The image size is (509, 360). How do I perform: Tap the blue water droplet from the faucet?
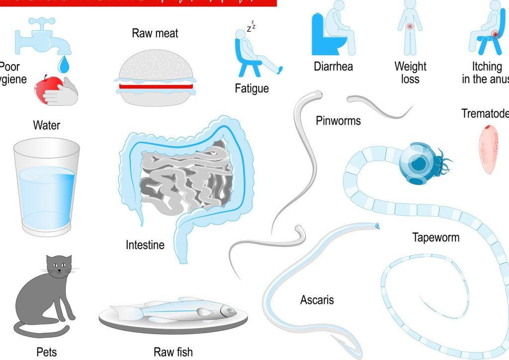point(63,64)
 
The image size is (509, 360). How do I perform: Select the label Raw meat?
point(155,33)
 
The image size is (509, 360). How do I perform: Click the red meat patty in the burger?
point(156,86)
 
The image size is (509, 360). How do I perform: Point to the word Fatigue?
point(252,89)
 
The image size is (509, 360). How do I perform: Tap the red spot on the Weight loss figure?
point(410,26)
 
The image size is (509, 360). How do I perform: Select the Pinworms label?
point(338,120)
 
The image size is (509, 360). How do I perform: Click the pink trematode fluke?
point(489,149)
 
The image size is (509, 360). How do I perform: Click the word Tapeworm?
point(436,237)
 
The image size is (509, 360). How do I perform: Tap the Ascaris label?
point(317,300)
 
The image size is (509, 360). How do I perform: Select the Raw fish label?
point(173,352)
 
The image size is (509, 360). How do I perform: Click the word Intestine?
point(145,245)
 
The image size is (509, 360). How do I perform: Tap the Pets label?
point(47,352)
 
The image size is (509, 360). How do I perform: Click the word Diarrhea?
point(333,67)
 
